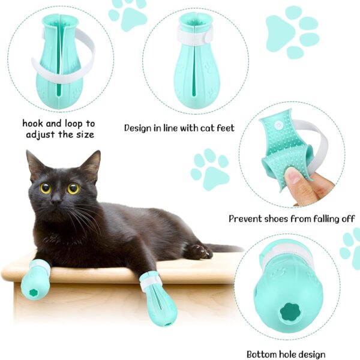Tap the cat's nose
(56, 201)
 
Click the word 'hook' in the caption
(32, 123)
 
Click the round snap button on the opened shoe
(279, 125)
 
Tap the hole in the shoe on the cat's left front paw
(34, 293)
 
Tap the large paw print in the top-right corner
(293, 32)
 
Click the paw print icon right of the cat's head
(210, 169)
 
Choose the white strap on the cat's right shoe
(151, 281)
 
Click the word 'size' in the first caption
(85, 134)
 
